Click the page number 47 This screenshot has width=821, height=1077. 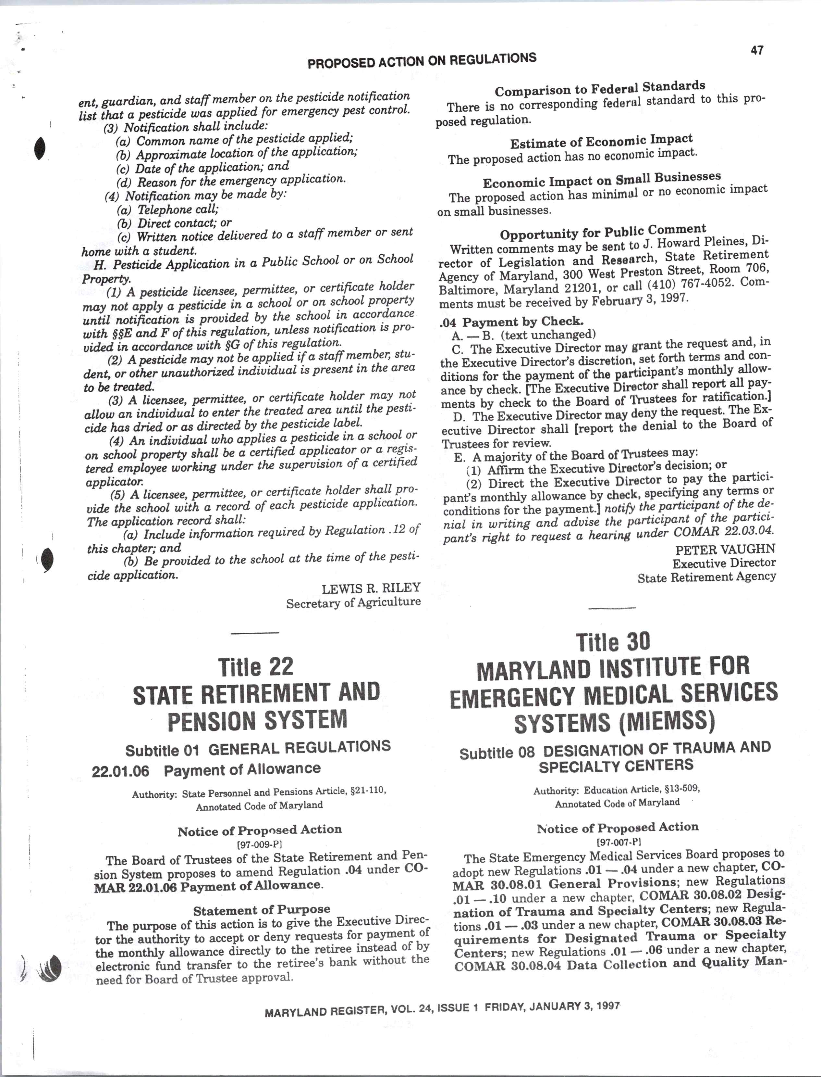[x=757, y=50]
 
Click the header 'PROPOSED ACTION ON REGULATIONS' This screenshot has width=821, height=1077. [x=422, y=60]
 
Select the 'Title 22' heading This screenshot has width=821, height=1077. [x=256, y=666]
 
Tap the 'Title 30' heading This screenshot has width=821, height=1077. [x=613, y=642]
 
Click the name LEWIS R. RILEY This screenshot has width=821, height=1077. [x=371, y=588]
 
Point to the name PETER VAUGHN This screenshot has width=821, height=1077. [x=725, y=549]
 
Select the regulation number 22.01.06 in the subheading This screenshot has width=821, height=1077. [x=120, y=772]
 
